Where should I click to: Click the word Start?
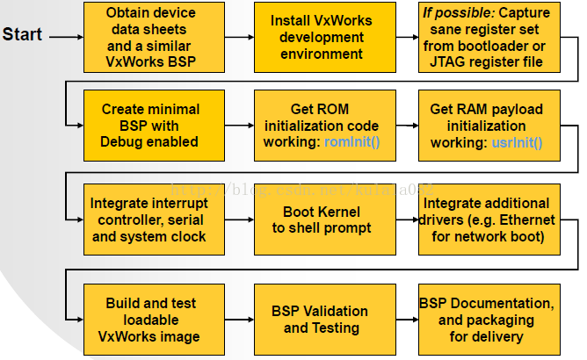22,36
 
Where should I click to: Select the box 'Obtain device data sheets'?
151,38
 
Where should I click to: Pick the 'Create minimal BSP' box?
151,125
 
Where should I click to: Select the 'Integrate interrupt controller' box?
151,220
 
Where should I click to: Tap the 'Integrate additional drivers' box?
489,220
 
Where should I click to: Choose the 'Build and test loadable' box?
151,319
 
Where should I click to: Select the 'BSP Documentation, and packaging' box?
489,319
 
